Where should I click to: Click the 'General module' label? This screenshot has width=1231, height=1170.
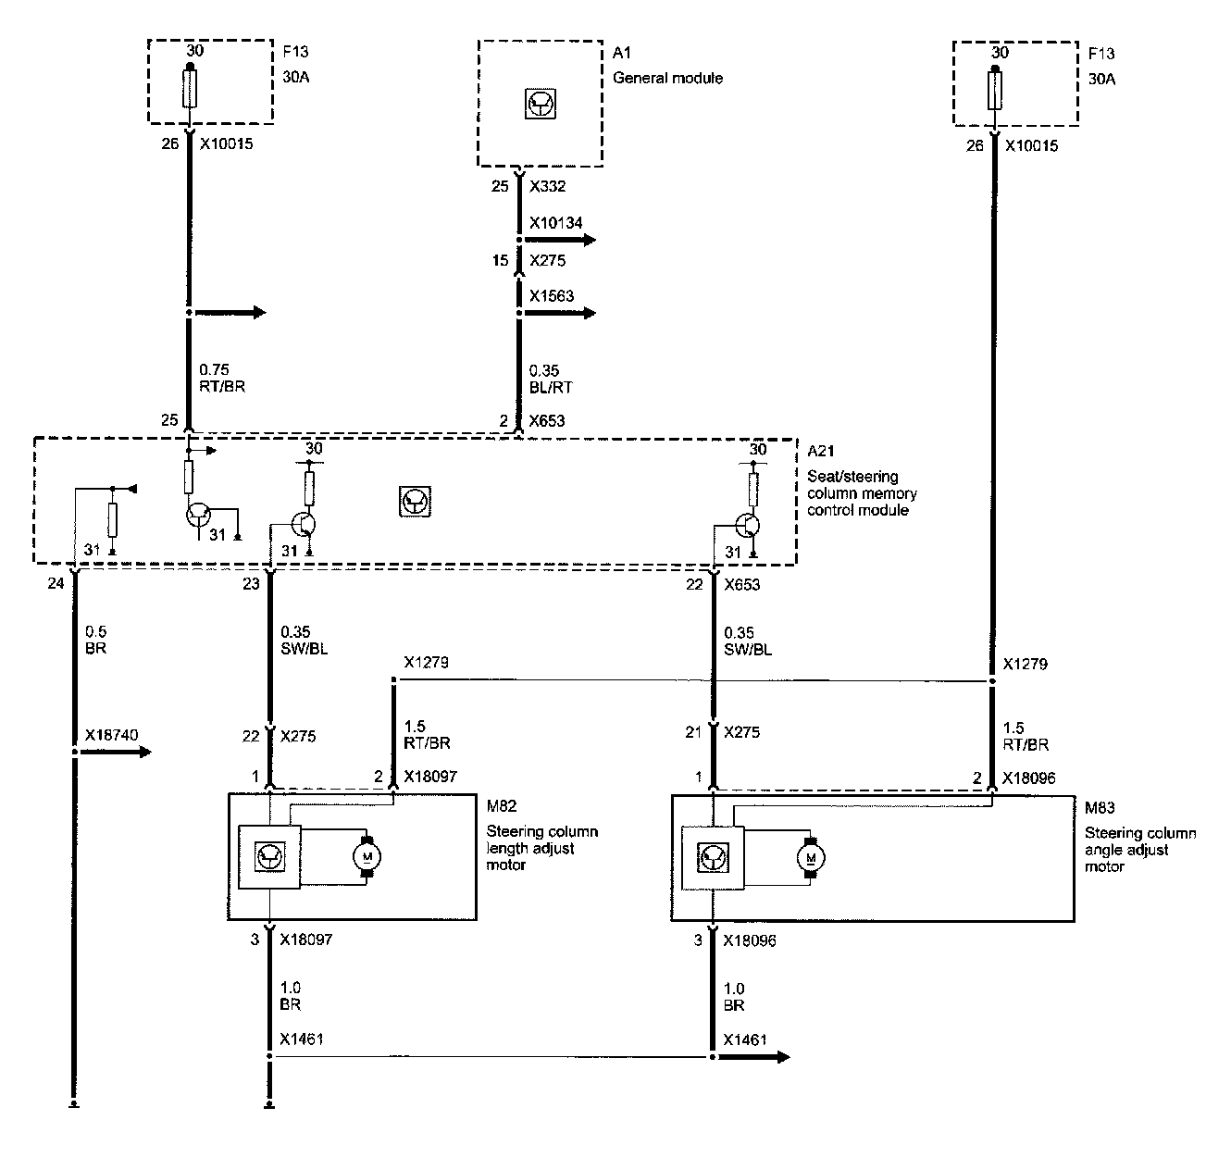(x=667, y=78)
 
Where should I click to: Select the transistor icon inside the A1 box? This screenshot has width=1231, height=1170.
(x=539, y=105)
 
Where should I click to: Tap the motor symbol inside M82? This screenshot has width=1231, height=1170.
(x=367, y=857)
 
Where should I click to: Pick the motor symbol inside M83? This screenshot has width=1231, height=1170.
(x=811, y=857)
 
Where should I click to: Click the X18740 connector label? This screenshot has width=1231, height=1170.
(x=111, y=735)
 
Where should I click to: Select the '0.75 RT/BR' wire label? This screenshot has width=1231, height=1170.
(x=223, y=379)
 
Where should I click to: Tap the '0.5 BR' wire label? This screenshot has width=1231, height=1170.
(x=95, y=641)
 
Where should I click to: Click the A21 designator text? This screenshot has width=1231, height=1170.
(x=820, y=451)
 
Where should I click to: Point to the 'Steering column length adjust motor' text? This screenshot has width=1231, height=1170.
(x=541, y=848)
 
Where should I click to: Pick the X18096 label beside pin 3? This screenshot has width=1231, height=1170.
(x=749, y=940)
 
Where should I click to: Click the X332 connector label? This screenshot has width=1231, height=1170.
(x=548, y=186)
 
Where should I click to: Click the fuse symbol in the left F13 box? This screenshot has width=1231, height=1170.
(x=190, y=91)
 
